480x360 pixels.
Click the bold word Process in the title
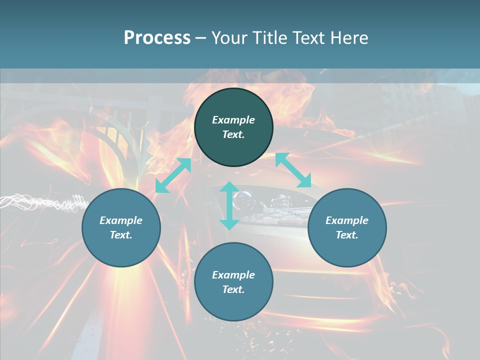(x=157, y=38)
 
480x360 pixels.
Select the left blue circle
(x=121, y=245)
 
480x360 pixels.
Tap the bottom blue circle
(x=233, y=305)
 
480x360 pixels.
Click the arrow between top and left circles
(x=173, y=175)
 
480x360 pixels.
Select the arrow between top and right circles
(x=293, y=170)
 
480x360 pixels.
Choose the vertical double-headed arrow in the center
(x=229, y=205)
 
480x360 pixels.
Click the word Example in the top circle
(x=233, y=120)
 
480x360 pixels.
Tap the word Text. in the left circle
(x=121, y=235)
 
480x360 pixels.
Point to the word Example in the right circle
(x=347, y=220)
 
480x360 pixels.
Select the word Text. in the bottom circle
(x=233, y=289)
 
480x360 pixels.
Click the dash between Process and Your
(x=200, y=38)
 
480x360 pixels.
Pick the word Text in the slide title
(x=307, y=38)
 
